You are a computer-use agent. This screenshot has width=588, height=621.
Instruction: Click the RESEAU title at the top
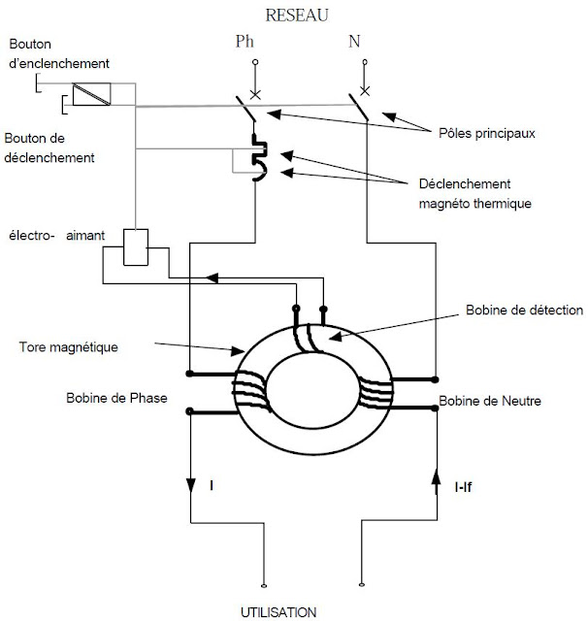tap(297, 16)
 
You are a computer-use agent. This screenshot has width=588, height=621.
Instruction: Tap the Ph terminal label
tap(245, 41)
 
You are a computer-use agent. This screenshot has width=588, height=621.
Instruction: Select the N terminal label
tap(354, 41)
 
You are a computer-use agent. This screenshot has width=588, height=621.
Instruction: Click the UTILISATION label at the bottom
tap(278, 612)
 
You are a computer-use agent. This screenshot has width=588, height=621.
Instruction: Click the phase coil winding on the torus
tap(251, 391)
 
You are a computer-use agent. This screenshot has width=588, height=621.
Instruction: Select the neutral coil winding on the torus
tap(376, 393)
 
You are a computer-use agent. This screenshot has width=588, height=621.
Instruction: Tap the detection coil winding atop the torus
tap(308, 338)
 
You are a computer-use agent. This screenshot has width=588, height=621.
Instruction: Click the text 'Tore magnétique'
tap(69, 347)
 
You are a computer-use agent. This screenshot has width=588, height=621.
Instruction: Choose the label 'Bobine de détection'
tap(524, 310)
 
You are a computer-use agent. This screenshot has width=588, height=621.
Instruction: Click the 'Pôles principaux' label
tap(487, 134)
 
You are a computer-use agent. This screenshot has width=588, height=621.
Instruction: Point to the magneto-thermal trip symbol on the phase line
tap(260, 157)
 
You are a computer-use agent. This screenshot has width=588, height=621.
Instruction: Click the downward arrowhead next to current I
tap(191, 485)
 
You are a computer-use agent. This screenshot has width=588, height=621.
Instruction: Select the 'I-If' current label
tap(463, 487)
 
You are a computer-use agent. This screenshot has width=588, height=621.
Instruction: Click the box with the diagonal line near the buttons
tap(91, 94)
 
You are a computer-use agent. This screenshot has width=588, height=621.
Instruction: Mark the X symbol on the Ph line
tap(255, 95)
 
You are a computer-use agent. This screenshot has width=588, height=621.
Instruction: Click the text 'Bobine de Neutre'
tap(490, 401)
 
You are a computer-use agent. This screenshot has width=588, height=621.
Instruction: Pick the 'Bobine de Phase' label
tap(116, 398)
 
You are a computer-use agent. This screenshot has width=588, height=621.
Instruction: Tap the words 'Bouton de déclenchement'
tap(49, 148)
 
